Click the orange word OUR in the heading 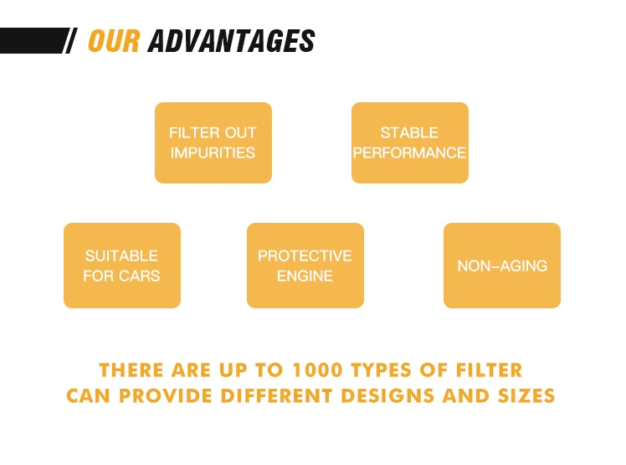pos(114,41)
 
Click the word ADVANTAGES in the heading pos(231,41)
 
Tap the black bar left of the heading pos(34,40)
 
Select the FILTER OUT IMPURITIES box pos(213,142)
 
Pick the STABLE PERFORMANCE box pos(410,142)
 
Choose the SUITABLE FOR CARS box pos(122,266)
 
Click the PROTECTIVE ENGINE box pos(305,266)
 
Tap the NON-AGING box pos(502,266)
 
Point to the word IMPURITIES pos(213,152)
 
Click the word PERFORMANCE pos(409,152)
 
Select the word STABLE pos(409,132)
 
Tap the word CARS pos(140,276)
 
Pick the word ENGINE pos(305,276)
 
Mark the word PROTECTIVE pos(305,256)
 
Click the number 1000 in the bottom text pos(317,370)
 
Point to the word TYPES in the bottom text pos(381,370)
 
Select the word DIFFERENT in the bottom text pos(277,395)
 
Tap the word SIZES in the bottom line pos(526,395)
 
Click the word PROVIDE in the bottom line pos(166,395)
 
